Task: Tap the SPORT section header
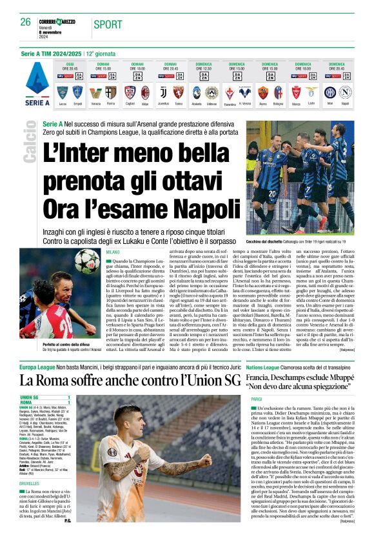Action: point(108,25)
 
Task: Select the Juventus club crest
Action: point(163,91)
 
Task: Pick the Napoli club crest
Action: point(346,91)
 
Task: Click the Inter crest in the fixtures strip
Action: point(331,91)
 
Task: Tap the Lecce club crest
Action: point(63,91)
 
